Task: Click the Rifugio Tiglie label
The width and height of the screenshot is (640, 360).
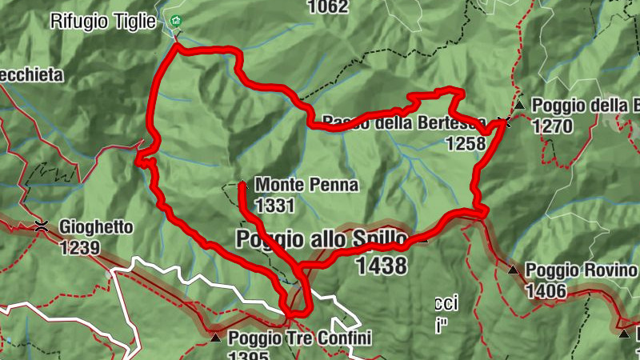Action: pos(103,22)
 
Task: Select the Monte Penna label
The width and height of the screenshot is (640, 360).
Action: pos(307,186)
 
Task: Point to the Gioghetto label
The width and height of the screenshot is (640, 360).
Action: pos(96,227)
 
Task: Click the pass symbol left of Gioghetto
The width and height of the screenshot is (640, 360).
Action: pos(42,226)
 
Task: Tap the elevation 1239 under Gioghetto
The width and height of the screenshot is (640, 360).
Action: pos(79,247)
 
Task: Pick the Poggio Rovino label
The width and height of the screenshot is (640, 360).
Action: pos(581,270)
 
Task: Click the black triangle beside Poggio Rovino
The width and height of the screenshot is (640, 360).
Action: pos(513,270)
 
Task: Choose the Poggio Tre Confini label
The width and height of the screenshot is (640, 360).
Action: pos(300,338)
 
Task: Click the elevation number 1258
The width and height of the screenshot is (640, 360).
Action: pos(466,143)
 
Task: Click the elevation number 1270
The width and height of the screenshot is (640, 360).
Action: pos(553,126)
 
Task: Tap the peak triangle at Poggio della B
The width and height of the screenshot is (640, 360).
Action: pos(520,105)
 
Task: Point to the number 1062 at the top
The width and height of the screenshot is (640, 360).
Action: pos(328,8)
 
